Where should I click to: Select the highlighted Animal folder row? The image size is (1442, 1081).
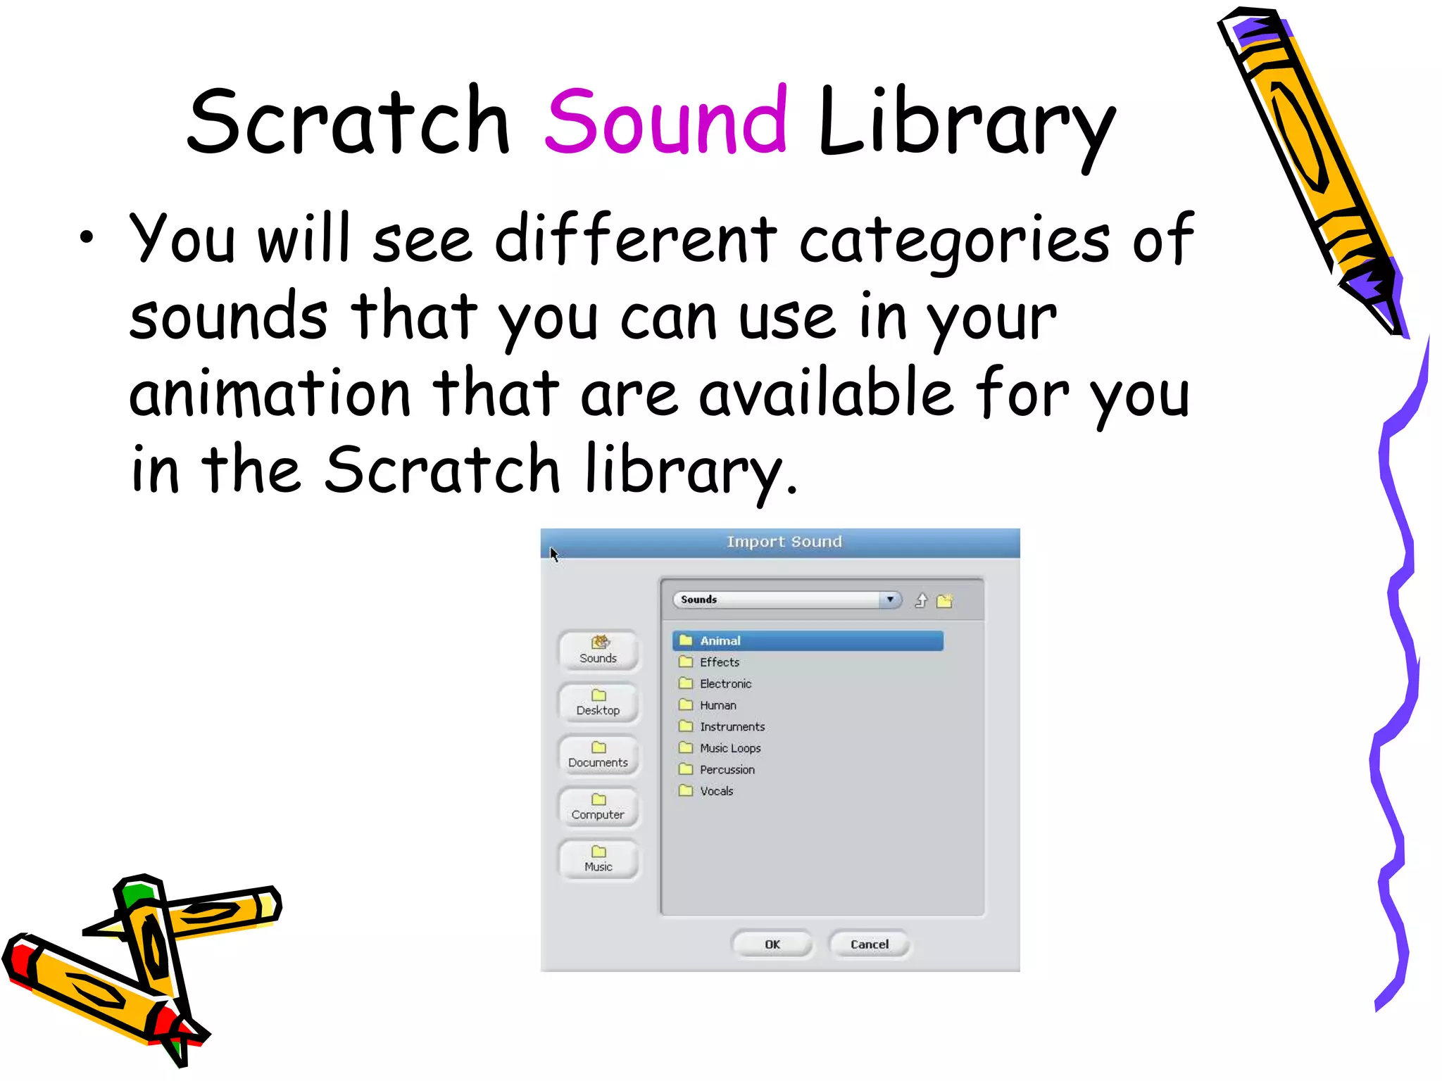pyautogui.click(x=807, y=640)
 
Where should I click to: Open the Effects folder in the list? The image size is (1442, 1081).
pyautogui.click(x=719, y=662)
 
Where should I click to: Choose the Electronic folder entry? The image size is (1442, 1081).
pyautogui.click(x=725, y=683)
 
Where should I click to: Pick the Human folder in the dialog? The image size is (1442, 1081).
pyautogui.click(x=717, y=705)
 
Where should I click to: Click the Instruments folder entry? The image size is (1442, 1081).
pyautogui.click(x=731, y=726)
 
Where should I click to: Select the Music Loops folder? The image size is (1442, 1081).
pyautogui.click(x=729, y=748)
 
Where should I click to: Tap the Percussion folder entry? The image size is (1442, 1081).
pyautogui.click(x=726, y=769)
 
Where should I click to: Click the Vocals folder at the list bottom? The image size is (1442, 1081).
pyautogui.click(x=715, y=791)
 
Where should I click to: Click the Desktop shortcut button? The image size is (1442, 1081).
pyautogui.click(x=598, y=703)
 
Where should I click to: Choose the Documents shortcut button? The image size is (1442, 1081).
pyautogui.click(x=598, y=755)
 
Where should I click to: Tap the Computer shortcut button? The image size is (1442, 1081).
pyautogui.click(x=598, y=807)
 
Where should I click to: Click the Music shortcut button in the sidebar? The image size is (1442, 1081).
pyautogui.click(x=598, y=859)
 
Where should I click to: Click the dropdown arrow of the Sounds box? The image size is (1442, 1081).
pyautogui.click(x=890, y=600)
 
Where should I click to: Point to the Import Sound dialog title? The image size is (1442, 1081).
pyautogui.click(x=784, y=542)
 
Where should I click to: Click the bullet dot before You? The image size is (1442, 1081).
pyautogui.click(x=86, y=237)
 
